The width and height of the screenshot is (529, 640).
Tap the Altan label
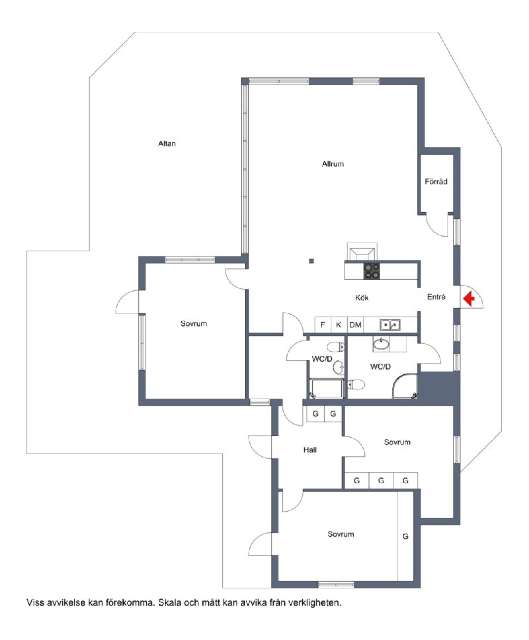[x=167, y=143]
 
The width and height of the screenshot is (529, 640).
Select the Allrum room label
[x=333, y=164]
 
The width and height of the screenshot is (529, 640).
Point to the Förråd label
[x=436, y=181]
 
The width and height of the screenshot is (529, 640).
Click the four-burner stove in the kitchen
[x=372, y=271]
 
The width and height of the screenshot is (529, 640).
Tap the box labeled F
[x=322, y=325]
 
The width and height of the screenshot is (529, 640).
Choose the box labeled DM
[x=355, y=325]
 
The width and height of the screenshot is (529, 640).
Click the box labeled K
[x=339, y=325]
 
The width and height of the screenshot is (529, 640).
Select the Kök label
[x=362, y=298]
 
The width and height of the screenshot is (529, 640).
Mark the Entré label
[x=436, y=297]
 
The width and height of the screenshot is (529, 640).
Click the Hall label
[x=310, y=450]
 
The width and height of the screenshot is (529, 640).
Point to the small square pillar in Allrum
[x=311, y=261]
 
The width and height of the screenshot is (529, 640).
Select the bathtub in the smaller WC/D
[x=326, y=389]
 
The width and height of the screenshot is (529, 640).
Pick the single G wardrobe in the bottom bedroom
[x=406, y=536]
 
